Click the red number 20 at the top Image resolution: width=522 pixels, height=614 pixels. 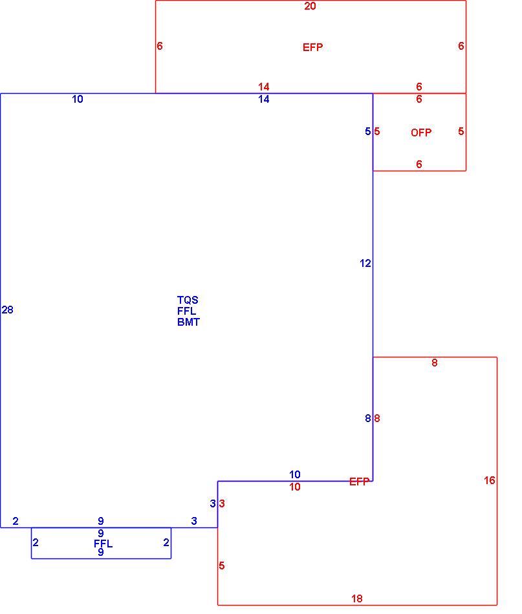click(x=310, y=6)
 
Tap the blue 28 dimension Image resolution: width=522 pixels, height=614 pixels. click(x=8, y=310)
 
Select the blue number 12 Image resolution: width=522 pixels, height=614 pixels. click(x=365, y=264)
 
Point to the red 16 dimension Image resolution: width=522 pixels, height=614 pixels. click(x=490, y=480)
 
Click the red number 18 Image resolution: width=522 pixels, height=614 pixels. click(x=356, y=598)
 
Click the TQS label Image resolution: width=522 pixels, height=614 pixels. click(x=188, y=301)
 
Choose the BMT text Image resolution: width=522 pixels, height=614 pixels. click(x=188, y=323)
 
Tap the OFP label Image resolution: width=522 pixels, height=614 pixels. click(x=421, y=132)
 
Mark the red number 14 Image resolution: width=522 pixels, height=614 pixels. click(x=264, y=87)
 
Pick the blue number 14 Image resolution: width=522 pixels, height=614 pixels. click(x=264, y=100)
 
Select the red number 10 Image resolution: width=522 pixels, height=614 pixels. click(x=295, y=487)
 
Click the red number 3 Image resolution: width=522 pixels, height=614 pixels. click(x=222, y=503)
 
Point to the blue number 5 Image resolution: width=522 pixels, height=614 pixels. click(x=367, y=132)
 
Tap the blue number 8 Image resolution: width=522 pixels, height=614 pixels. click(x=367, y=419)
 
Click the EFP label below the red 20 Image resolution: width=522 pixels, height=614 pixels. click(x=312, y=47)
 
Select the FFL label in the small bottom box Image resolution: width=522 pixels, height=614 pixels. click(x=103, y=544)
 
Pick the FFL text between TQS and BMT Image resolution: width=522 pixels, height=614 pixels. click(x=186, y=312)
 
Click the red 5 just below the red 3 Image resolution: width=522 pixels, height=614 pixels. click(x=222, y=566)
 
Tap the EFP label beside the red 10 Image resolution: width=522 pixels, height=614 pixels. click(x=360, y=482)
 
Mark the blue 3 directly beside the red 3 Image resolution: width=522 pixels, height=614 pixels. click(x=213, y=503)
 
